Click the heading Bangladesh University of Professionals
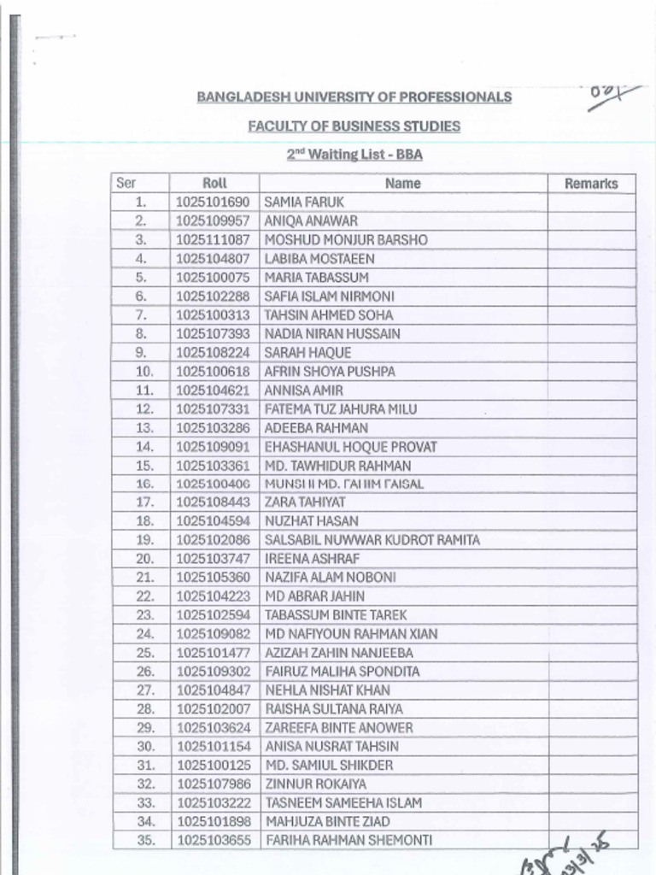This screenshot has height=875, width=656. pos(354,97)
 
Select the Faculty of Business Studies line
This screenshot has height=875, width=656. pos(354,126)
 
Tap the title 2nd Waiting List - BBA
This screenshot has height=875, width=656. pos(354,155)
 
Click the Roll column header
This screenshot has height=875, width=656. pos(214,183)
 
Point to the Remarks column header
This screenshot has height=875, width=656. pos(591,183)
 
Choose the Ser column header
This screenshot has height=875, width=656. pos(126,183)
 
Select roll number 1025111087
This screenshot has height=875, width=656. pos(214,240)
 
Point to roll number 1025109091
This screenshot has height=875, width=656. pos(214,447)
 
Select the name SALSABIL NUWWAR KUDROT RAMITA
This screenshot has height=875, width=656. pos(372,540)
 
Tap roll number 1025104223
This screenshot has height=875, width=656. pos(214,596)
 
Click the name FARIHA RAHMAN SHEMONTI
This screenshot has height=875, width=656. pos(348,840)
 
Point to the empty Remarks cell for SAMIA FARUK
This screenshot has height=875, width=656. pos(591,203)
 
